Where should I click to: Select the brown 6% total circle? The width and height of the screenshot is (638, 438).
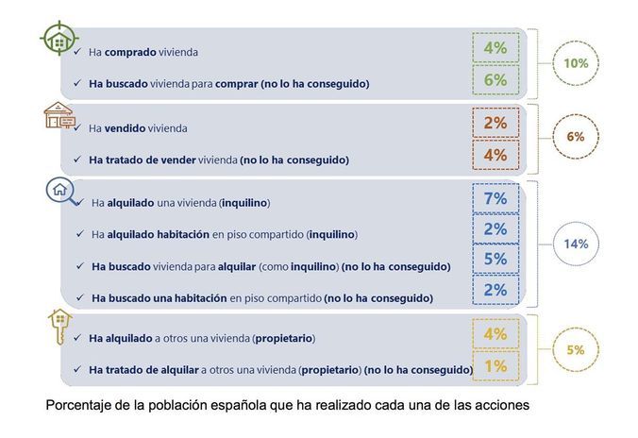point(575,137)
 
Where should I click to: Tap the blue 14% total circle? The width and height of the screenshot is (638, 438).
point(577,244)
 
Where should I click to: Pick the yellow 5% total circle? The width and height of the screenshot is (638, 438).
point(575,349)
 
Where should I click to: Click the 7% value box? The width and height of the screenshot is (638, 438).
point(495,199)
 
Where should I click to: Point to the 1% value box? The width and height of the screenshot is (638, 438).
point(495,366)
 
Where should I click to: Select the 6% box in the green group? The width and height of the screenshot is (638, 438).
point(495,81)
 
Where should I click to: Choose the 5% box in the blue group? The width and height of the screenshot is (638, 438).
point(495,260)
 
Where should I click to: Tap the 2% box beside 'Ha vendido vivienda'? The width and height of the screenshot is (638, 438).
point(495,124)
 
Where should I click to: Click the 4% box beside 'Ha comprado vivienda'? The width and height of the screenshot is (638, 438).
point(495,47)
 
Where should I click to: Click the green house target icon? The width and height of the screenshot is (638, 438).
point(59,41)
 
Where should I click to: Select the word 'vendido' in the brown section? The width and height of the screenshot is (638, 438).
point(126,128)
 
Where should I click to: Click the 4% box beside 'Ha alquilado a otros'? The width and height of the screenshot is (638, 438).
point(495,334)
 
